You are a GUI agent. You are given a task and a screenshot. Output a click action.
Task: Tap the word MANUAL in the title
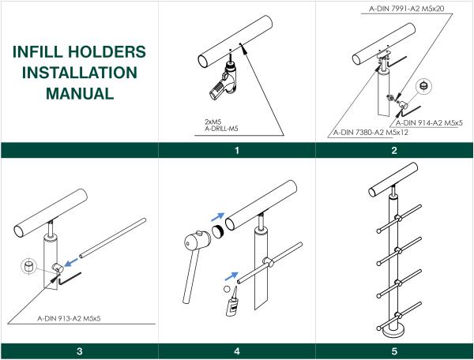(80, 93)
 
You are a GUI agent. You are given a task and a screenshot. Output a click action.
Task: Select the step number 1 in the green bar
(237, 151)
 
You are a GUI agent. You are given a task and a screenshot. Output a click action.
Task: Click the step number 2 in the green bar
(394, 151)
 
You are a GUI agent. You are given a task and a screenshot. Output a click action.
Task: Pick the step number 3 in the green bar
(80, 351)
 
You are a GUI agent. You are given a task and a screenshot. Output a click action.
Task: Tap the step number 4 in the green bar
(237, 351)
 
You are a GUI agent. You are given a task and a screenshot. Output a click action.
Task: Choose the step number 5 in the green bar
(394, 351)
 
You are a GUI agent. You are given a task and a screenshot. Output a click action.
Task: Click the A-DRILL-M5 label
(221, 129)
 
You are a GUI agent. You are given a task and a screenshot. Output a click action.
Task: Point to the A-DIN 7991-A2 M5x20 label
(407, 9)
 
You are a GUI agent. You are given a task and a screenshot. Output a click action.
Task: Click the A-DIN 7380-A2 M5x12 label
(371, 133)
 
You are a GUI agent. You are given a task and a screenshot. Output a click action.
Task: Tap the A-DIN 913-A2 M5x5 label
(69, 318)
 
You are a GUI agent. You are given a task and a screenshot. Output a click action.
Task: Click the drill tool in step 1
(223, 81)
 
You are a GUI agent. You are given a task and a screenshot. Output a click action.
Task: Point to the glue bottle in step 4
(231, 306)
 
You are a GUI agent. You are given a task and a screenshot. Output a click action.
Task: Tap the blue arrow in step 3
(71, 262)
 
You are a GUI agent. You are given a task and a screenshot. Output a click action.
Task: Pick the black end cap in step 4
(218, 231)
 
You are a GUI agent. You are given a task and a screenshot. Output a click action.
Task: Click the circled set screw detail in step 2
(423, 86)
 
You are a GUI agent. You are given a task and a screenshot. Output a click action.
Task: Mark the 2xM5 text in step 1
(213, 122)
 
